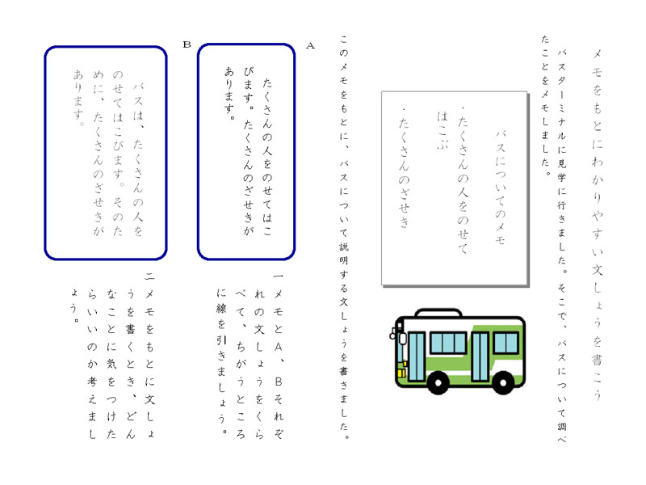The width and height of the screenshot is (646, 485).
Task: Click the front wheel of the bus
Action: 438,382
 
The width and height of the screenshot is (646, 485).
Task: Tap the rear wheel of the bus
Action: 503,382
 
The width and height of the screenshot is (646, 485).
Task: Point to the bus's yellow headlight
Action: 401,373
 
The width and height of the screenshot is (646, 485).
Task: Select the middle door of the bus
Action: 480,356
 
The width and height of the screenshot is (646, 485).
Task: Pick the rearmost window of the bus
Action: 505,343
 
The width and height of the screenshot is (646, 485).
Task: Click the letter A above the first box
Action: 310,46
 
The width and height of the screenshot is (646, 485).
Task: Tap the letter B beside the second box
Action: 187,44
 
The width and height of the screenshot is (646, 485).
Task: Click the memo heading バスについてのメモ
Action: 501,188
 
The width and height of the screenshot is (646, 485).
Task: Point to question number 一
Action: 278,276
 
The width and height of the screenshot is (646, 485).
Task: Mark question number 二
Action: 149,276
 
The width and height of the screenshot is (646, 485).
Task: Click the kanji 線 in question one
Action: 221,310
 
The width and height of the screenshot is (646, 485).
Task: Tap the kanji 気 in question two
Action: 111,363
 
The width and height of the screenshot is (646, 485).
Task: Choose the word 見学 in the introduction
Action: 561,171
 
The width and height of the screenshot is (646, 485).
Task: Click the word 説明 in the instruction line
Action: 344,254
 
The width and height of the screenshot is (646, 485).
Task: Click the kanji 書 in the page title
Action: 597,360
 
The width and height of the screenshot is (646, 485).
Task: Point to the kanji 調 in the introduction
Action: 561,426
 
